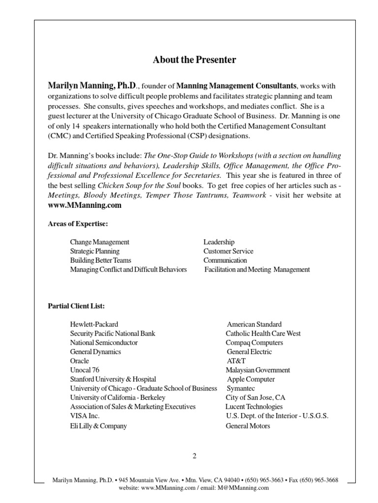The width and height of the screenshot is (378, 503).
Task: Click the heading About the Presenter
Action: point(194,60)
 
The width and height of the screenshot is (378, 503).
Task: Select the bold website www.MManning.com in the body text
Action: point(85,206)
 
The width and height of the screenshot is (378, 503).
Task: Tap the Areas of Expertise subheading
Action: point(77,224)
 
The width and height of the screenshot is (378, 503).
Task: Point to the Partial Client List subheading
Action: point(76,306)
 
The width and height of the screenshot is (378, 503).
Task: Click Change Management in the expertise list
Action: point(99,242)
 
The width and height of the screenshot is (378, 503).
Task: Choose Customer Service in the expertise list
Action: point(228,251)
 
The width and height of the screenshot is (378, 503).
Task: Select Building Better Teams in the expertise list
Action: point(100,260)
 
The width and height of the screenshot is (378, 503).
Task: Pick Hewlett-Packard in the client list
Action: point(94,324)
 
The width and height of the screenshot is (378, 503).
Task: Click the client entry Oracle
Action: point(79,361)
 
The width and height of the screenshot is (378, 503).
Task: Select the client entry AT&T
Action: point(236,361)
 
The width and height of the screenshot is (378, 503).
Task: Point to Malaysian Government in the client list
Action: point(257,370)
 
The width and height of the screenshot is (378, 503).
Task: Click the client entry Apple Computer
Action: point(251,379)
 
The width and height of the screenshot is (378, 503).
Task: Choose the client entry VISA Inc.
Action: point(85,416)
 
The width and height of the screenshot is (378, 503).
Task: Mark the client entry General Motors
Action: point(248,426)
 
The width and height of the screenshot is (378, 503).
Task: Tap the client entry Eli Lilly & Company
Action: point(98,426)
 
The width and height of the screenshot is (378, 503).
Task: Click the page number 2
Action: point(194,456)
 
